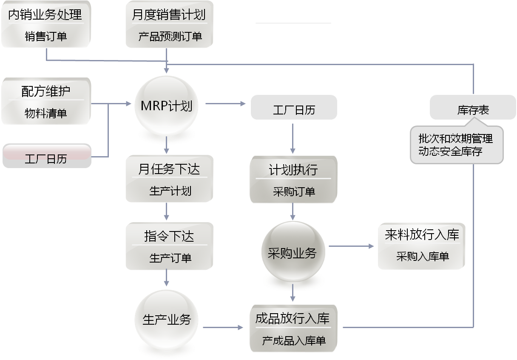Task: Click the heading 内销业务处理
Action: click(45, 15)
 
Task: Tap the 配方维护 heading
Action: click(45, 91)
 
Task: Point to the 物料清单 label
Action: click(45, 114)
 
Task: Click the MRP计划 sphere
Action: click(167, 106)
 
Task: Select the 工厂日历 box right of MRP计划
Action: click(294, 110)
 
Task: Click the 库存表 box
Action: click(473, 110)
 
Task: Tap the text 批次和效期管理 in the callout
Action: click(455, 139)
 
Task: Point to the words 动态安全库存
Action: click(450, 151)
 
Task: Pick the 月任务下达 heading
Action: click(169, 169)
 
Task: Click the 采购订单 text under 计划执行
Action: click(294, 192)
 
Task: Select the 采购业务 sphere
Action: click(293, 254)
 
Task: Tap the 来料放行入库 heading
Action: click(422, 235)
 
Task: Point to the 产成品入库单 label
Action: click(294, 341)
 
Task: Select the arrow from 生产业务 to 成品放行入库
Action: click(223, 327)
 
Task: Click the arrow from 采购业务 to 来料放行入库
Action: click(352, 246)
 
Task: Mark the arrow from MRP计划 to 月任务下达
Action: click(167, 147)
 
